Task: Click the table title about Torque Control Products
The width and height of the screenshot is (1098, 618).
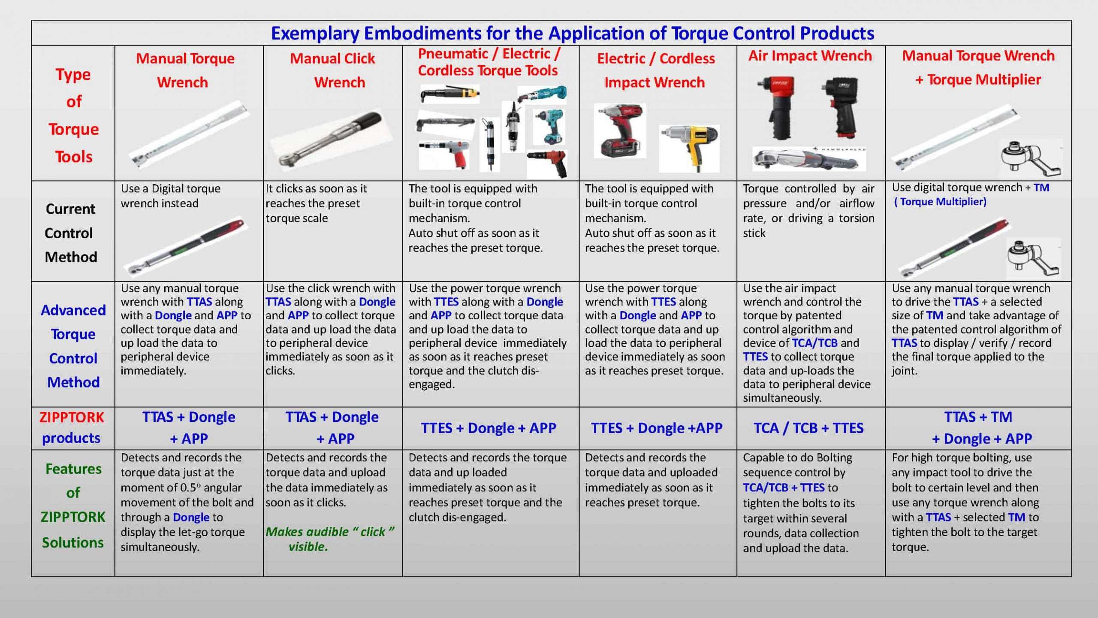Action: point(573,33)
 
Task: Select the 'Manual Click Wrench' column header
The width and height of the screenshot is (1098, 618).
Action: point(333,70)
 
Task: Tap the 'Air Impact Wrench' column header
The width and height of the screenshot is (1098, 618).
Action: point(810,56)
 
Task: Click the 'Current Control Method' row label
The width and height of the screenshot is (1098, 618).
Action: point(71,233)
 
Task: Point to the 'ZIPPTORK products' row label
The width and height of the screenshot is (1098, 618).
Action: point(72,427)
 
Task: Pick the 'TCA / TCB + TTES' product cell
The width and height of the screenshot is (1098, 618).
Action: point(809,428)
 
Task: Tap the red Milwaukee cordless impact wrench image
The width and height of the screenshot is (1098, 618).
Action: point(620,131)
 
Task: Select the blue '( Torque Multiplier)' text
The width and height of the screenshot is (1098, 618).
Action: point(940,202)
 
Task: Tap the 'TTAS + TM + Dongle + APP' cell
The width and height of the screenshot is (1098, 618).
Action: point(978,427)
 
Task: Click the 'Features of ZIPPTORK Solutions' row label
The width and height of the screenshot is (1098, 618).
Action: point(73,505)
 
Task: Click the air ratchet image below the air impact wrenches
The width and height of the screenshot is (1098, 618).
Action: point(809,159)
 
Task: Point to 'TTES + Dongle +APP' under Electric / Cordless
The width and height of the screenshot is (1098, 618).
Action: point(657,428)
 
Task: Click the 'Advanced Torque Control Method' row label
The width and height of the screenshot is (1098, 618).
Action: point(73,345)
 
